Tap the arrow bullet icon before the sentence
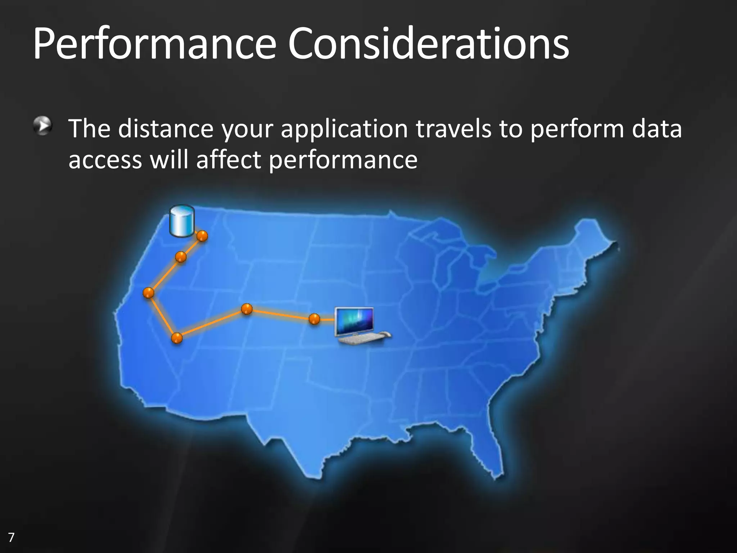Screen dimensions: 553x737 [43, 126]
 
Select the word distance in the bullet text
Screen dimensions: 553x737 [166, 129]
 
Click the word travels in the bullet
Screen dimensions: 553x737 [454, 129]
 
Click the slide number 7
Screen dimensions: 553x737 [11, 538]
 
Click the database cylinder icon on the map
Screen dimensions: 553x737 [182, 221]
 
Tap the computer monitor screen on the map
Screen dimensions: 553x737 [354, 320]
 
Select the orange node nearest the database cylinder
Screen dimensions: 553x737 [202, 236]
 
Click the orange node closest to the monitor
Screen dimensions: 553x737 [314, 319]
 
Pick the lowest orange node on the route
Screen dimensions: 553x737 [177, 338]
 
